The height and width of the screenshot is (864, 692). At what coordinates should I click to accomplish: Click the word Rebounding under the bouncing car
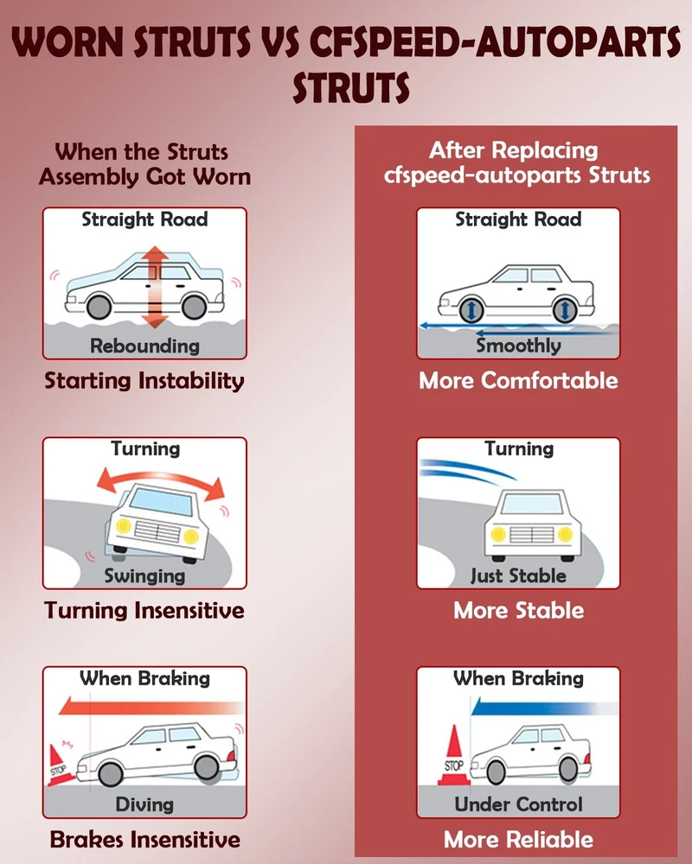coord(144,346)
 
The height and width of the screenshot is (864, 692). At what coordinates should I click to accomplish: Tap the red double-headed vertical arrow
coord(157,287)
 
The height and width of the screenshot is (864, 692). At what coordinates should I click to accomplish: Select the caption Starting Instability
coord(144,381)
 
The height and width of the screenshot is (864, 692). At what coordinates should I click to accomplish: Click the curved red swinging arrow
coord(161,480)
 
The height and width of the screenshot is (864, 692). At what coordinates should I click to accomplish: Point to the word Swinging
coord(144,575)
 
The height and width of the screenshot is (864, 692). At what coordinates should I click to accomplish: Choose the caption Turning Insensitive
coord(144,611)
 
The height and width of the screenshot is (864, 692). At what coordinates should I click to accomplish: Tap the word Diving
coord(144,805)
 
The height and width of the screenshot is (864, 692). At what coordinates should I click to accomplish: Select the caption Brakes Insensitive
coord(144,840)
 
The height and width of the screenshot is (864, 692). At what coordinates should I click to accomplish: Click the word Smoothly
coord(518,346)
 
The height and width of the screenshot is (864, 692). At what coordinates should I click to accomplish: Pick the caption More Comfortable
coord(518,381)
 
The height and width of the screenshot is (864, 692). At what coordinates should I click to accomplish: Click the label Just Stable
coord(518,575)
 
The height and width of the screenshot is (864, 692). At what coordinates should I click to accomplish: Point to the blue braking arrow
coord(543,707)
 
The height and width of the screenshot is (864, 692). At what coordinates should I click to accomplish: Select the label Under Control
coord(518,804)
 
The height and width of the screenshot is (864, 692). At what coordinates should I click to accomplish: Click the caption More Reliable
coord(518,840)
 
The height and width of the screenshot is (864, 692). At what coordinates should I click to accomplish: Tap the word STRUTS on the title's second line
coord(351,87)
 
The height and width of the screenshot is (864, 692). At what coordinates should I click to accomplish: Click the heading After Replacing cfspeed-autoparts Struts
coord(516,162)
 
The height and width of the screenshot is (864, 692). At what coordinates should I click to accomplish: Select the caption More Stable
coord(518,611)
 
